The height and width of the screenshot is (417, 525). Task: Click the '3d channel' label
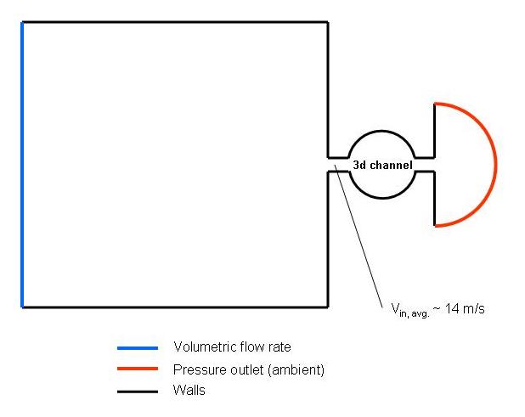(382, 165)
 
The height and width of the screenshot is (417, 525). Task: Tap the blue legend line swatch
(138, 347)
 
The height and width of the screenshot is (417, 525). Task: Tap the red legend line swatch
(138, 369)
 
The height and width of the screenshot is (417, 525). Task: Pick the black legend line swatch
(138, 392)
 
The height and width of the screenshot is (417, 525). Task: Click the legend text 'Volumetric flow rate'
(232, 347)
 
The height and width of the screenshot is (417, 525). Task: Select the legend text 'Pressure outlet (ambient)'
(249, 369)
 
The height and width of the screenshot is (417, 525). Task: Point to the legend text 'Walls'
(189, 391)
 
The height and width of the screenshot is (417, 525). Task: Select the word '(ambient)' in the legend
(297, 369)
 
